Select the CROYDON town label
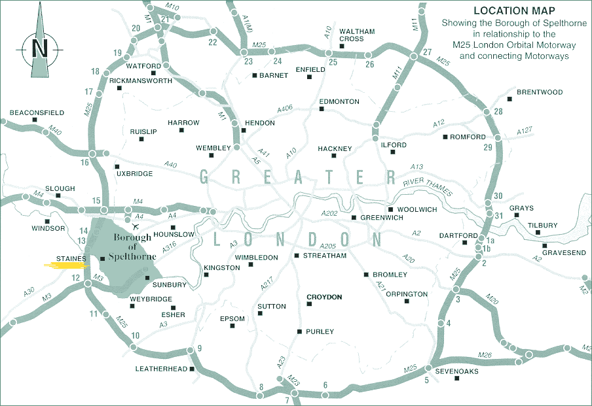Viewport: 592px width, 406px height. point(324,297)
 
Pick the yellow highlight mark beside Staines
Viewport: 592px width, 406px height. point(66,265)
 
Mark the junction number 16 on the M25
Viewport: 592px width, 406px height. point(84,161)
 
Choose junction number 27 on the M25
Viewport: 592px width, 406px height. point(428,52)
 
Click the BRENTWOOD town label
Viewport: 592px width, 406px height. point(540,92)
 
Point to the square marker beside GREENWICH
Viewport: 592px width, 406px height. point(354,218)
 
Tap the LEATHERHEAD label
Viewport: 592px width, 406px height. point(161,369)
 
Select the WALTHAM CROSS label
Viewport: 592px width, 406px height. point(357,35)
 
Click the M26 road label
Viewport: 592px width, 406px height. point(485,356)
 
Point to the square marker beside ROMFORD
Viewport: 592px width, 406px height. point(445,137)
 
